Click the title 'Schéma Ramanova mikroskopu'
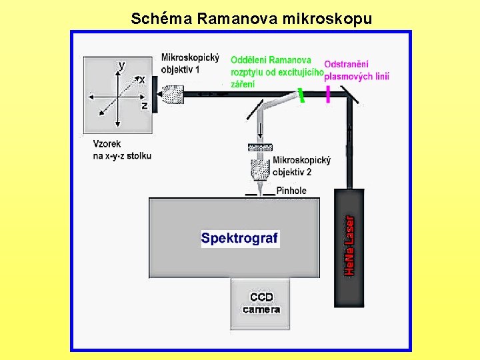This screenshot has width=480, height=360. (x=251, y=18)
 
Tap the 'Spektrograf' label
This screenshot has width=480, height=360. (x=240, y=238)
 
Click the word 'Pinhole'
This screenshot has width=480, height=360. (x=291, y=191)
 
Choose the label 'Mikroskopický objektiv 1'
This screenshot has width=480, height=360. (x=190, y=63)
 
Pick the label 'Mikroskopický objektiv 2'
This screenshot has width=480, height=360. (x=301, y=166)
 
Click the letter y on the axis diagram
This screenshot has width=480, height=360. (x=121, y=65)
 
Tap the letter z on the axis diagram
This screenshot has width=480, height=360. (x=144, y=105)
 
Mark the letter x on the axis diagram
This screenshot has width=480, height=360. (x=141, y=79)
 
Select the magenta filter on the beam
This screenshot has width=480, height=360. (x=328, y=95)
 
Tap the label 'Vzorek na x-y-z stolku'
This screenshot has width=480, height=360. (x=122, y=150)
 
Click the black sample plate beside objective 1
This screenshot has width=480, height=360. (x=155, y=94)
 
